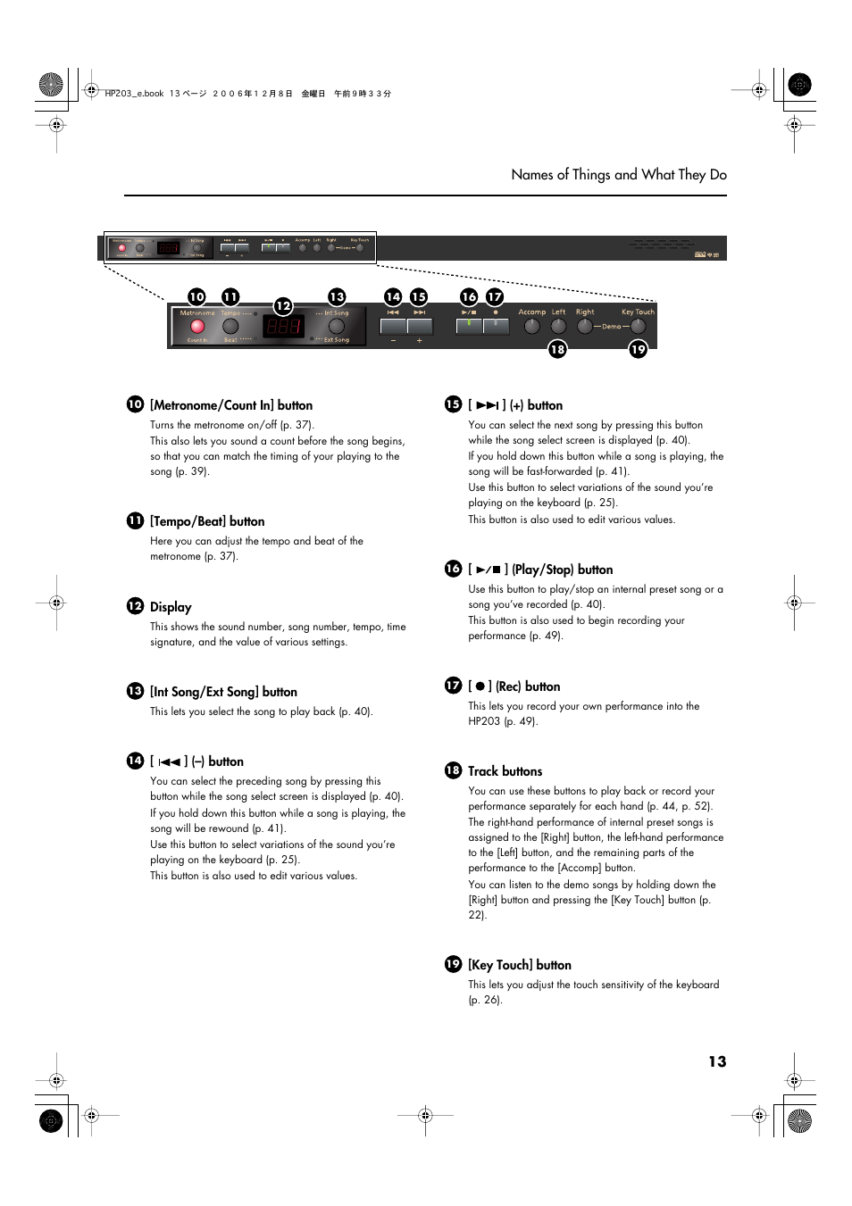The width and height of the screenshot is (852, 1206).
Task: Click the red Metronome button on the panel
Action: (197, 327)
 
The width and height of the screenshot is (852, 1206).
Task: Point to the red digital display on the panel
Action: (283, 328)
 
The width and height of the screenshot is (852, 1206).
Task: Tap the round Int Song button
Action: (337, 326)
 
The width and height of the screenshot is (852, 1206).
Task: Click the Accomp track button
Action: (532, 327)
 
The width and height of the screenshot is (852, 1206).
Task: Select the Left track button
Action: (559, 327)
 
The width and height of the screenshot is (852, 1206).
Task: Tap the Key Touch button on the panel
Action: (638, 327)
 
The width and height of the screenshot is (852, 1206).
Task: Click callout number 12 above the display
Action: (283, 306)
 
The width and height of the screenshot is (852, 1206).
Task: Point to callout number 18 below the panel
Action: (557, 349)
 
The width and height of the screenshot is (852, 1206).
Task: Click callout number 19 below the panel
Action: (638, 349)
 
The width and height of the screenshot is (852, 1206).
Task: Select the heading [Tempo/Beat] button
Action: (207, 521)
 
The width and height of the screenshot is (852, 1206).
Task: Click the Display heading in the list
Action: (171, 607)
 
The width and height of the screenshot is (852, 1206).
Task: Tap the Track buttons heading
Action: (505, 771)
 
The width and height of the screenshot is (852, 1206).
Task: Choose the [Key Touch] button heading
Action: (519, 965)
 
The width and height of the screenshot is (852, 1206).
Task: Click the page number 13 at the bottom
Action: (717, 1061)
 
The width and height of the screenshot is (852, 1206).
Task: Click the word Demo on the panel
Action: (611, 327)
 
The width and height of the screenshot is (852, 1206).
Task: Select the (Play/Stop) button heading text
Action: (562, 570)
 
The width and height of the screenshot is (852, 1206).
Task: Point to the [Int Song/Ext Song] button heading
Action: (223, 692)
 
